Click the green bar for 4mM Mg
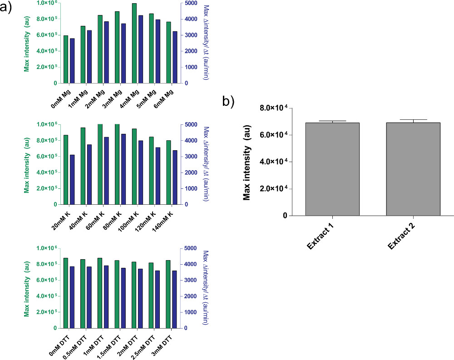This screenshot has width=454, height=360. tap(134, 43)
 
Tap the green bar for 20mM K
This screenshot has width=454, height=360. tap(66, 169)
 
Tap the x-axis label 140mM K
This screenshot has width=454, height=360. tap(165, 219)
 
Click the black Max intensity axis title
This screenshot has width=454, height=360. tap(247, 163)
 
